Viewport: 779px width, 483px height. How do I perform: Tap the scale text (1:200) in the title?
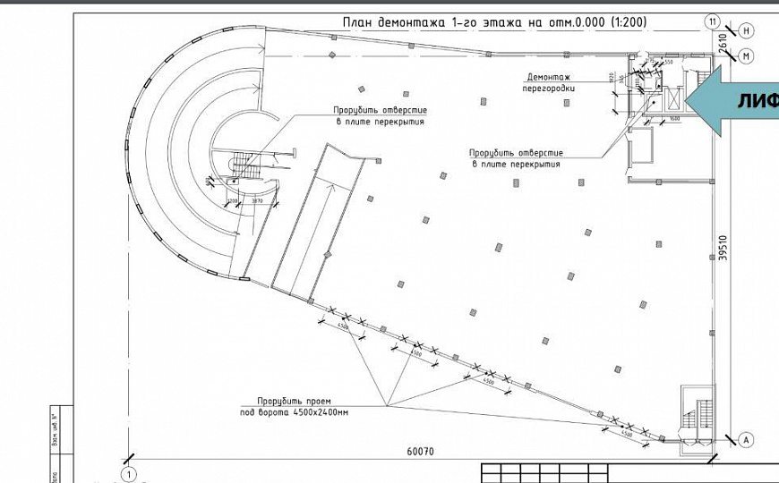619,22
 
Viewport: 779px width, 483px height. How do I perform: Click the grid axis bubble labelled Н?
747,30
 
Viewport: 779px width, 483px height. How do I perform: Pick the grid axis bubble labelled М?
747,55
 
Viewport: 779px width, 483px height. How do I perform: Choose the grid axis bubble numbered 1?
129,473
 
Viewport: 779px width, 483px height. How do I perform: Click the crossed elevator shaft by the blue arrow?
673,99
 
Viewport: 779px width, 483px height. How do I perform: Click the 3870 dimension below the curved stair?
257,201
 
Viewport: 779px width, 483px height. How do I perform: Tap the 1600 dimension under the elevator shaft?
674,119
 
